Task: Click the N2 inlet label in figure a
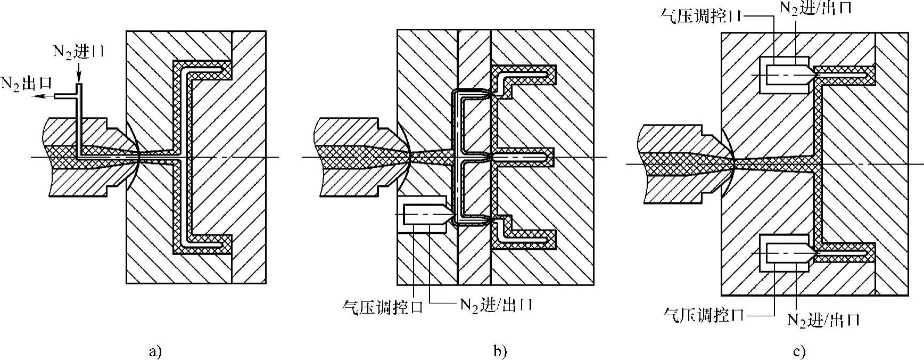pyautogui.click(x=78, y=52)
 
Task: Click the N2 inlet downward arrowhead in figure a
pyautogui.click(x=79, y=79)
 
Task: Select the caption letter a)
pyautogui.click(x=154, y=351)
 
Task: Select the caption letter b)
pyautogui.click(x=500, y=351)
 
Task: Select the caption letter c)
pyautogui.click(x=799, y=351)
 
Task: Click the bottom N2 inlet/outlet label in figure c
pyautogui.click(x=823, y=320)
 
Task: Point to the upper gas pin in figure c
pyautogui.click(x=788, y=76)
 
